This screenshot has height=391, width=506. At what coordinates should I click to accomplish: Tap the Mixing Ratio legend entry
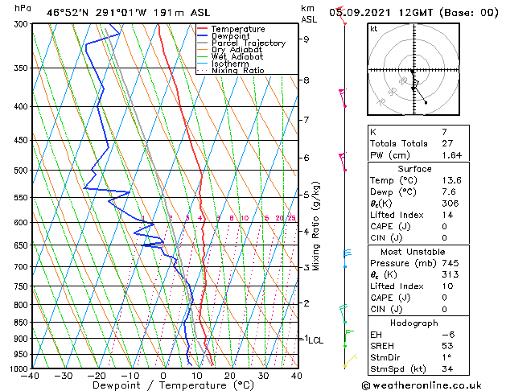tap(237, 71)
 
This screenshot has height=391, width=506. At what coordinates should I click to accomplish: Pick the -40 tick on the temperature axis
tap(32, 376)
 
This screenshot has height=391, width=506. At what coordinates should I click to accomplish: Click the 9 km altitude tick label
tap(306, 39)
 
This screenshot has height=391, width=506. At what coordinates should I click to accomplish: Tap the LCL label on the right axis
tap(315, 340)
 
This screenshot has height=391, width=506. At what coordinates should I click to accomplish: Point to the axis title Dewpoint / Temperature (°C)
tap(162, 386)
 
